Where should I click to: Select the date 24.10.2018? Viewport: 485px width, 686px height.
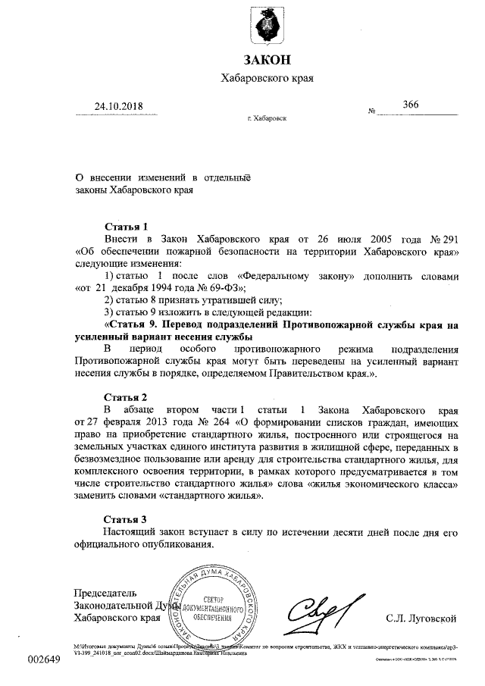120,106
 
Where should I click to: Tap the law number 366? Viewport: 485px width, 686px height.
411,104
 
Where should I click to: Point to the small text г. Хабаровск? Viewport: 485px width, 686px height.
267,121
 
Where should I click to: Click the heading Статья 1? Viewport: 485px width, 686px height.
126,225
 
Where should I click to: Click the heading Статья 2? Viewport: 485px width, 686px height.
126,396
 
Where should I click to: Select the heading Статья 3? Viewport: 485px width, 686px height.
126,519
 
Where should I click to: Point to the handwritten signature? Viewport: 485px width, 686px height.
318,611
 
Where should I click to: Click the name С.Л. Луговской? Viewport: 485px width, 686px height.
421,618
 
